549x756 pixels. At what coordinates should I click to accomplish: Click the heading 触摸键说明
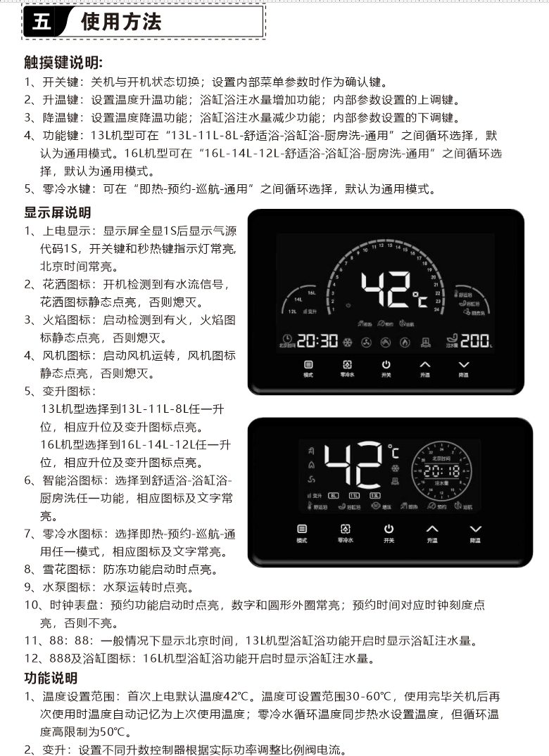pyautogui.click(x=63, y=63)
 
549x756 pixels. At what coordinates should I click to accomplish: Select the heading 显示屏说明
pyautogui.click(x=58, y=212)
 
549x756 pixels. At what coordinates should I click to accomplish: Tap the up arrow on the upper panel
pyautogui.click(x=424, y=365)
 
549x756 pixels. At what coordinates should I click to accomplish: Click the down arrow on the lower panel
pyautogui.click(x=476, y=529)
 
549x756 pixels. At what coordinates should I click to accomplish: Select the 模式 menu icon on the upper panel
pyautogui.click(x=308, y=365)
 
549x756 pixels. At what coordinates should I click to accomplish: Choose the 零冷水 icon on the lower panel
pyautogui.click(x=346, y=529)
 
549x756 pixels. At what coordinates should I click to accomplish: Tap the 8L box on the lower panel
pyautogui.click(x=334, y=495)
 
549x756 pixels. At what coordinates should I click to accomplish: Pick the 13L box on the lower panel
pyautogui.click(x=375, y=495)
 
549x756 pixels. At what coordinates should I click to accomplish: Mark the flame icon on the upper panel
pyautogui.click(x=404, y=342)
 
